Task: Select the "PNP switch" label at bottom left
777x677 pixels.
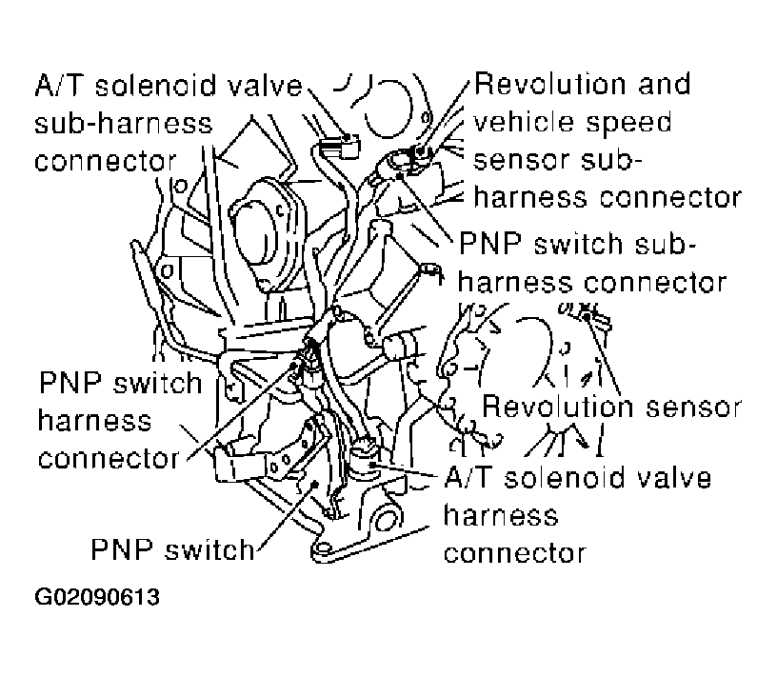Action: [x=172, y=549]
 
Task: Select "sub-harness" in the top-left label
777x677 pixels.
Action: [x=124, y=124]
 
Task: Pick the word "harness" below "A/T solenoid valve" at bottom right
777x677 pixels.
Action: [x=501, y=515]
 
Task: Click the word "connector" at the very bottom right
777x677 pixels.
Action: [x=514, y=552]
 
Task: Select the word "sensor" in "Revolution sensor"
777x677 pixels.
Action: [x=695, y=407]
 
